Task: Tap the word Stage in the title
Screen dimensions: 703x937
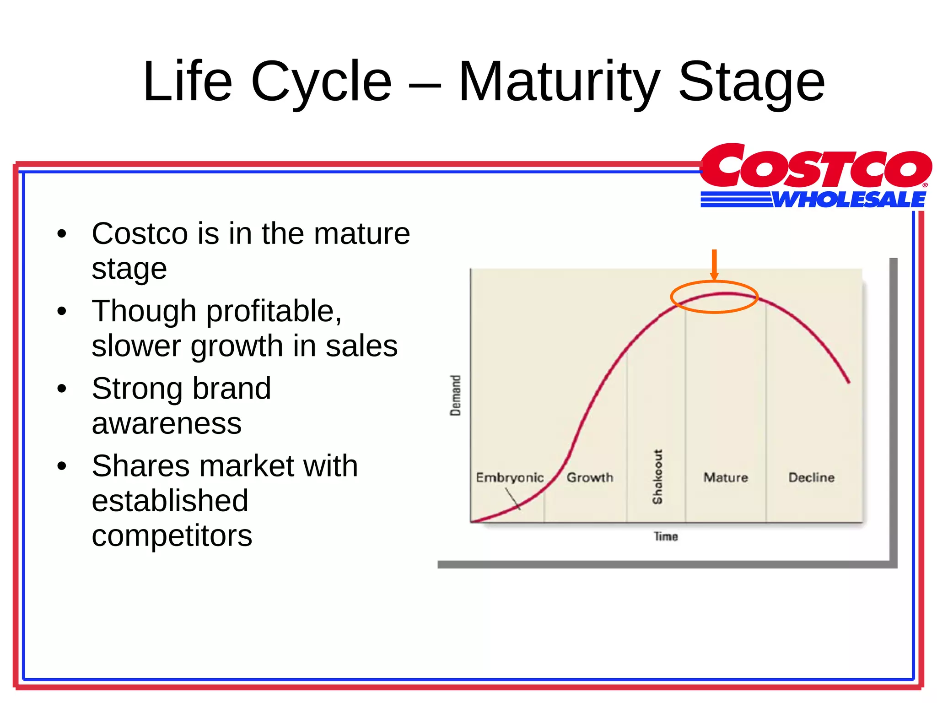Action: (x=751, y=82)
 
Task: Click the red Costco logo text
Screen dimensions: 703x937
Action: (x=815, y=167)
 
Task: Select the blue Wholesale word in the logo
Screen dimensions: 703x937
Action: (x=849, y=200)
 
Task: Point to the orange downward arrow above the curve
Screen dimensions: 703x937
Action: (x=714, y=265)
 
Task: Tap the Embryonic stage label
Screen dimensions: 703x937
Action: (x=510, y=477)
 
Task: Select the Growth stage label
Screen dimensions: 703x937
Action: (x=590, y=477)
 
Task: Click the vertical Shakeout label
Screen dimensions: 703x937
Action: (x=657, y=476)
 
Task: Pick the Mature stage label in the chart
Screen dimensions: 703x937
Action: (x=726, y=477)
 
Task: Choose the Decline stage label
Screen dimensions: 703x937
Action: (x=811, y=477)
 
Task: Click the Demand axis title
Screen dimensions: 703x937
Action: (x=456, y=395)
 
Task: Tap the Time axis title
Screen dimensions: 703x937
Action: (x=666, y=536)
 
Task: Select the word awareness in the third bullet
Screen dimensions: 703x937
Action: (x=167, y=423)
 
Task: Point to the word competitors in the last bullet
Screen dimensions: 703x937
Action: (x=172, y=535)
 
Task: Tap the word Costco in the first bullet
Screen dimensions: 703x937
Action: (x=140, y=234)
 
